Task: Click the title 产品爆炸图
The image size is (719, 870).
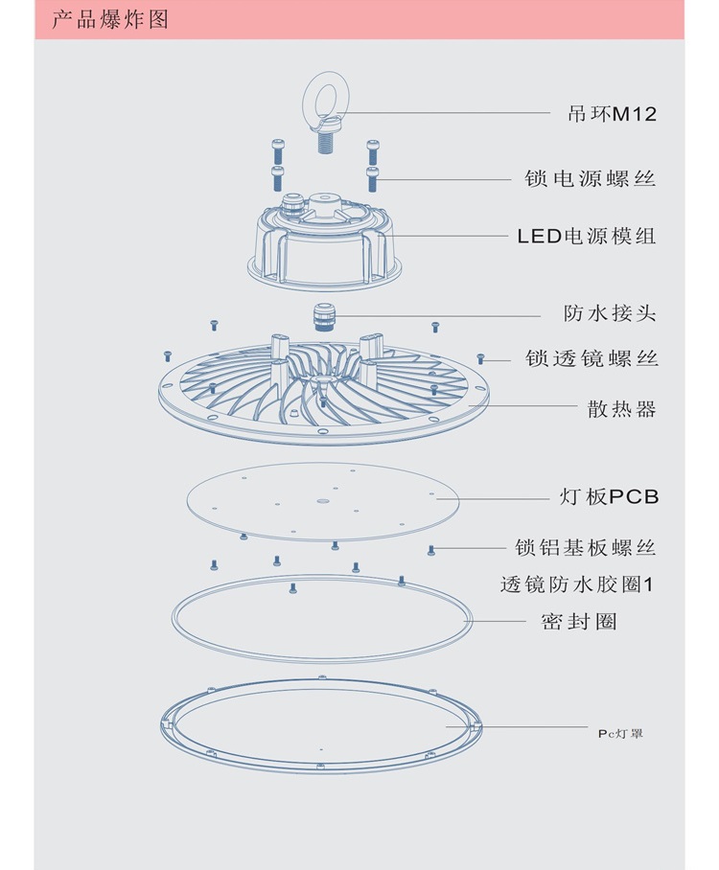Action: [109, 19]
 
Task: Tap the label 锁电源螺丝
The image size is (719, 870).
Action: [591, 178]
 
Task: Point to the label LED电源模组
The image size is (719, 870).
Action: [587, 235]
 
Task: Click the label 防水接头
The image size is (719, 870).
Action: [610, 313]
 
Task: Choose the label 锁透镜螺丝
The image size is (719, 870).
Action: [591, 358]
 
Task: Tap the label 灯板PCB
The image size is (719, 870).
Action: [609, 497]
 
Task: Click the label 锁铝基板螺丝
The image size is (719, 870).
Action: [586, 548]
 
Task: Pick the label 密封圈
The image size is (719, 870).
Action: [579, 622]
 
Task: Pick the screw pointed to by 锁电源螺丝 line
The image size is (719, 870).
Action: [373, 177]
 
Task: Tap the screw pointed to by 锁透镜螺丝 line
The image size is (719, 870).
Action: [482, 359]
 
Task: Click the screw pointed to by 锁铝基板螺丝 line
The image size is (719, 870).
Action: [431, 549]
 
